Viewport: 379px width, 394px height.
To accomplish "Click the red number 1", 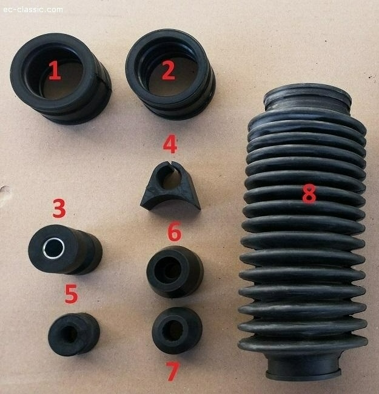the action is (55, 70).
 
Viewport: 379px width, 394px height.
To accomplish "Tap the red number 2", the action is (168, 70).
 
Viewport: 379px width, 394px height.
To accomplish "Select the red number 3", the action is (59, 208).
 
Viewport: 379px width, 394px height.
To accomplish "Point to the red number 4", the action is (170, 144).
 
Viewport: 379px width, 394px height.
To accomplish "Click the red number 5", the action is (71, 294).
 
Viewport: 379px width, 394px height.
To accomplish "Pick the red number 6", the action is (175, 231).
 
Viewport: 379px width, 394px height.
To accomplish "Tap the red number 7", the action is (173, 371).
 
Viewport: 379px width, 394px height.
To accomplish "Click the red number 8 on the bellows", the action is (309, 193).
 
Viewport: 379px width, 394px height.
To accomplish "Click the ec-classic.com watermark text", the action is (33, 10).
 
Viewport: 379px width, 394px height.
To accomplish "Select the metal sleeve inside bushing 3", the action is (53, 249).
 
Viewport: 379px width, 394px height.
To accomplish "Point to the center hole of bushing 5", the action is (70, 334).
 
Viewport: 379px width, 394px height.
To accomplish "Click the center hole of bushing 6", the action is (168, 270).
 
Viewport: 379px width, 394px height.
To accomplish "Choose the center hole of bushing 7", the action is (172, 330).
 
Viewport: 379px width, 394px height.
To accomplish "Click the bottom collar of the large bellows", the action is (303, 367).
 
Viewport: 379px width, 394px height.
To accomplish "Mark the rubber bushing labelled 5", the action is (74, 334).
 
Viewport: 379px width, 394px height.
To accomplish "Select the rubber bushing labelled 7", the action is (177, 330).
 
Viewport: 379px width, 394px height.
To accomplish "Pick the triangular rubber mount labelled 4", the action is (170, 186).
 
